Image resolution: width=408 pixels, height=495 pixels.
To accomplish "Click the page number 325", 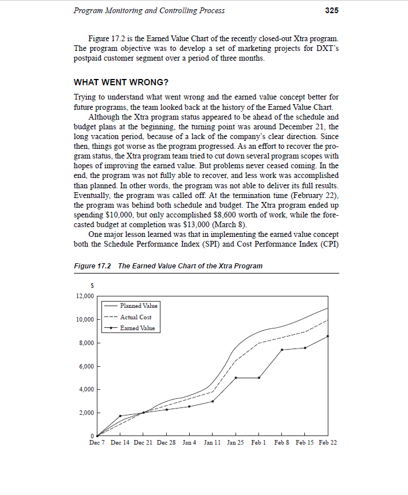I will (331, 10).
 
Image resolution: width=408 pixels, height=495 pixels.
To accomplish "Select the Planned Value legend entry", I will (139, 306).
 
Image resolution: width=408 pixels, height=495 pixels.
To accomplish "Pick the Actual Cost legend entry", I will (136, 317).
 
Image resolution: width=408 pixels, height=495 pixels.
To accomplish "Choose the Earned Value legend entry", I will (137, 328).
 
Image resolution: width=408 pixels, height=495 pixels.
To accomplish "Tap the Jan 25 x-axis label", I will (236, 443).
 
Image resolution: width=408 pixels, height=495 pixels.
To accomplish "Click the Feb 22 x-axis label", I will (327, 443).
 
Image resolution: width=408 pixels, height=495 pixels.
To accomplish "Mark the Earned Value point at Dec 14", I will (120, 416).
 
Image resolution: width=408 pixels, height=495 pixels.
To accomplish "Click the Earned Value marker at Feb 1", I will (259, 378).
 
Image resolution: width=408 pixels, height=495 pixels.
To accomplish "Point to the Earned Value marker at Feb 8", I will (282, 350).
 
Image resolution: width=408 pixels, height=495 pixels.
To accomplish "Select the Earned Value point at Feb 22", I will (328, 336).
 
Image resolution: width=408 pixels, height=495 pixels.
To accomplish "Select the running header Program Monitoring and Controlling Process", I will (150, 10).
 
